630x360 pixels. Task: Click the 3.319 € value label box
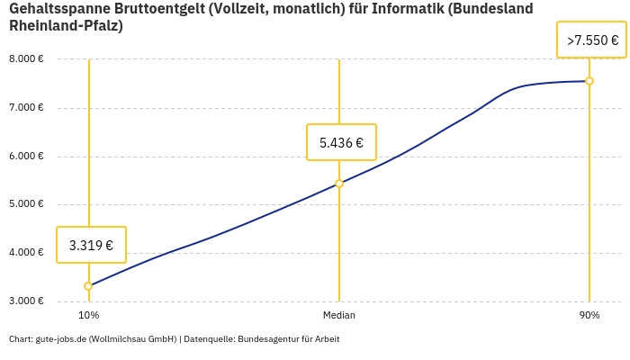point(91,245)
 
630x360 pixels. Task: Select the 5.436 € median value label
point(341,142)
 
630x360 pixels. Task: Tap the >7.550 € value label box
point(591,40)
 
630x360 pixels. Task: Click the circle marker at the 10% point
point(88,286)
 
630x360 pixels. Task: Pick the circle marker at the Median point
point(339,184)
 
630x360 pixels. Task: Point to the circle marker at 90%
point(589,81)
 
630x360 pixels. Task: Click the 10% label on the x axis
point(88,315)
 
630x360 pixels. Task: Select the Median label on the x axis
point(339,315)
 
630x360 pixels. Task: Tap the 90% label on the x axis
point(589,315)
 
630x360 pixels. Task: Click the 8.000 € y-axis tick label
point(26,59)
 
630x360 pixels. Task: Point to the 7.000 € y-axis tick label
point(26,108)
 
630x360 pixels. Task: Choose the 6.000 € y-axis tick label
point(26,156)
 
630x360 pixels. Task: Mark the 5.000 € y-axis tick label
point(26,204)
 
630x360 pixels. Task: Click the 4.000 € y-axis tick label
point(26,252)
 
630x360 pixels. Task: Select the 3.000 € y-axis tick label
point(26,301)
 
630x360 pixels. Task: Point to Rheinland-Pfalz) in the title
point(66,26)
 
